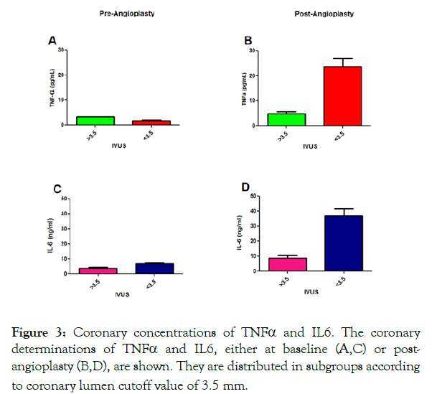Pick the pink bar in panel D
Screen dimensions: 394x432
(x=287, y=264)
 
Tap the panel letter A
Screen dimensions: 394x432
(x=52, y=42)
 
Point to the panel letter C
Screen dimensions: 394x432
(x=57, y=189)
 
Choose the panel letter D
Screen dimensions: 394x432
(x=248, y=188)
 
